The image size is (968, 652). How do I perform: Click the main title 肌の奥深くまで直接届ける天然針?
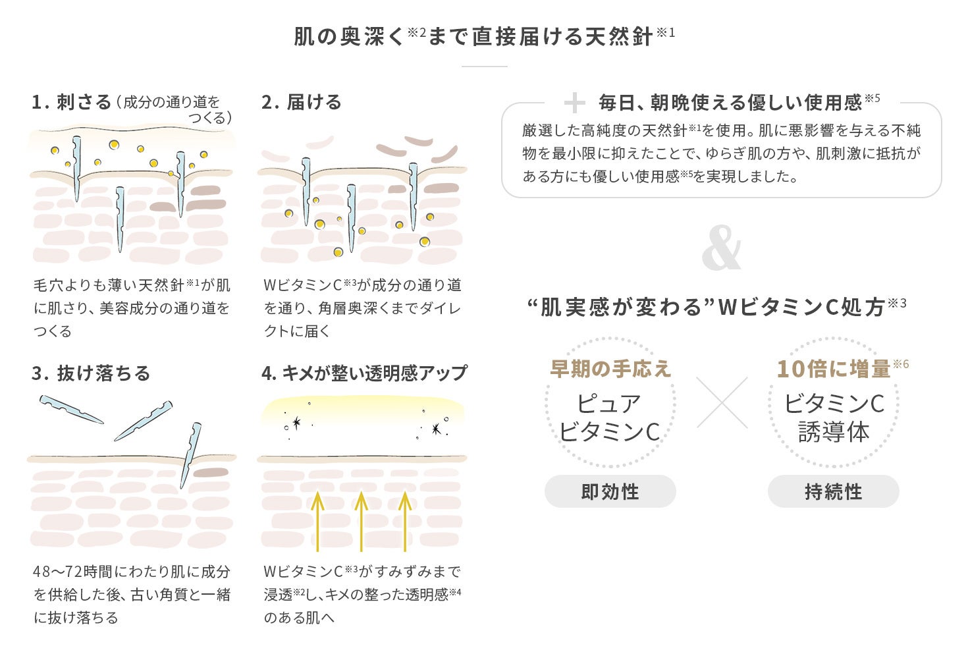click(484, 36)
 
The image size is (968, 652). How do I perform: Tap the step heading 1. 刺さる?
click(72, 102)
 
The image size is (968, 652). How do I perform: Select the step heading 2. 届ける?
click(302, 102)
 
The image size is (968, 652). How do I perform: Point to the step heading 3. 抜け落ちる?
click(91, 373)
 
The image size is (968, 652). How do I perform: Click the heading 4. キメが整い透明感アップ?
click(364, 373)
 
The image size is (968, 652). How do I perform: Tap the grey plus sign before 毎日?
click(574, 103)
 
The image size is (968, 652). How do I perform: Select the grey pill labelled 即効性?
click(610, 491)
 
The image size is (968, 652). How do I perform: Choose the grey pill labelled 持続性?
click(833, 491)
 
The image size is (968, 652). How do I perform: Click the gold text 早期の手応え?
click(610, 369)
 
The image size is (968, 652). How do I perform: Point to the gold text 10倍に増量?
click(834, 369)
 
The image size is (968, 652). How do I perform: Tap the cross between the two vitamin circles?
click(722, 402)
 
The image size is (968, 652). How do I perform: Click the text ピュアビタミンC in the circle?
click(610, 418)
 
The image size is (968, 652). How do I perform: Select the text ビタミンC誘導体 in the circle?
click(834, 418)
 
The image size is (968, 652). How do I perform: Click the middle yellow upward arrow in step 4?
click(361, 520)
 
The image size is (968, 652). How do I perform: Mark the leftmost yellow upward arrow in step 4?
click(317, 520)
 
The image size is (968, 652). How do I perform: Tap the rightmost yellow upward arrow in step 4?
click(405, 520)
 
